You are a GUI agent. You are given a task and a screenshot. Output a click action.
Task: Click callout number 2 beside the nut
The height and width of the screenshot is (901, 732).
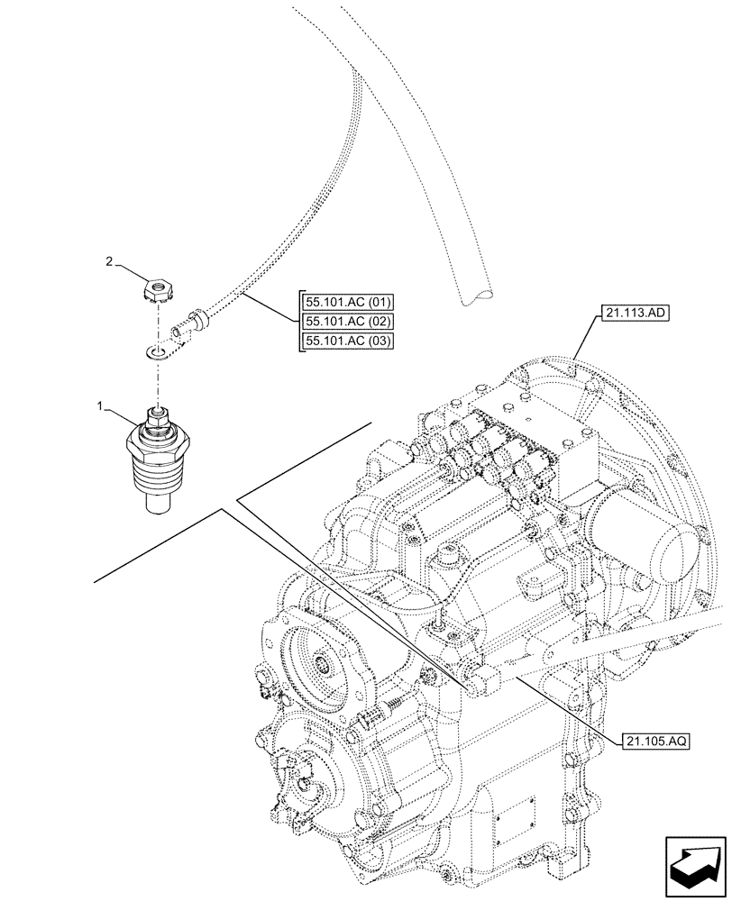coord(109,261)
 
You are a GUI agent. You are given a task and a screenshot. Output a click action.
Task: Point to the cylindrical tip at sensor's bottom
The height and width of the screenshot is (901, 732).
coord(160,497)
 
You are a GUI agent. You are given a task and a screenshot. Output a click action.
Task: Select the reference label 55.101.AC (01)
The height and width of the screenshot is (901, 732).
coord(343,302)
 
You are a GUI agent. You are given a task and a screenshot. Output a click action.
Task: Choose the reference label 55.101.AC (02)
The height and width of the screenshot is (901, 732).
coord(343,321)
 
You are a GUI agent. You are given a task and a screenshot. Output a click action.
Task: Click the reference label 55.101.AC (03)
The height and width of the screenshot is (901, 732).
coord(343,340)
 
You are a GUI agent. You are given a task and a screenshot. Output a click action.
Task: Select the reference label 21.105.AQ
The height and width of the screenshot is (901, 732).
coord(656,742)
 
